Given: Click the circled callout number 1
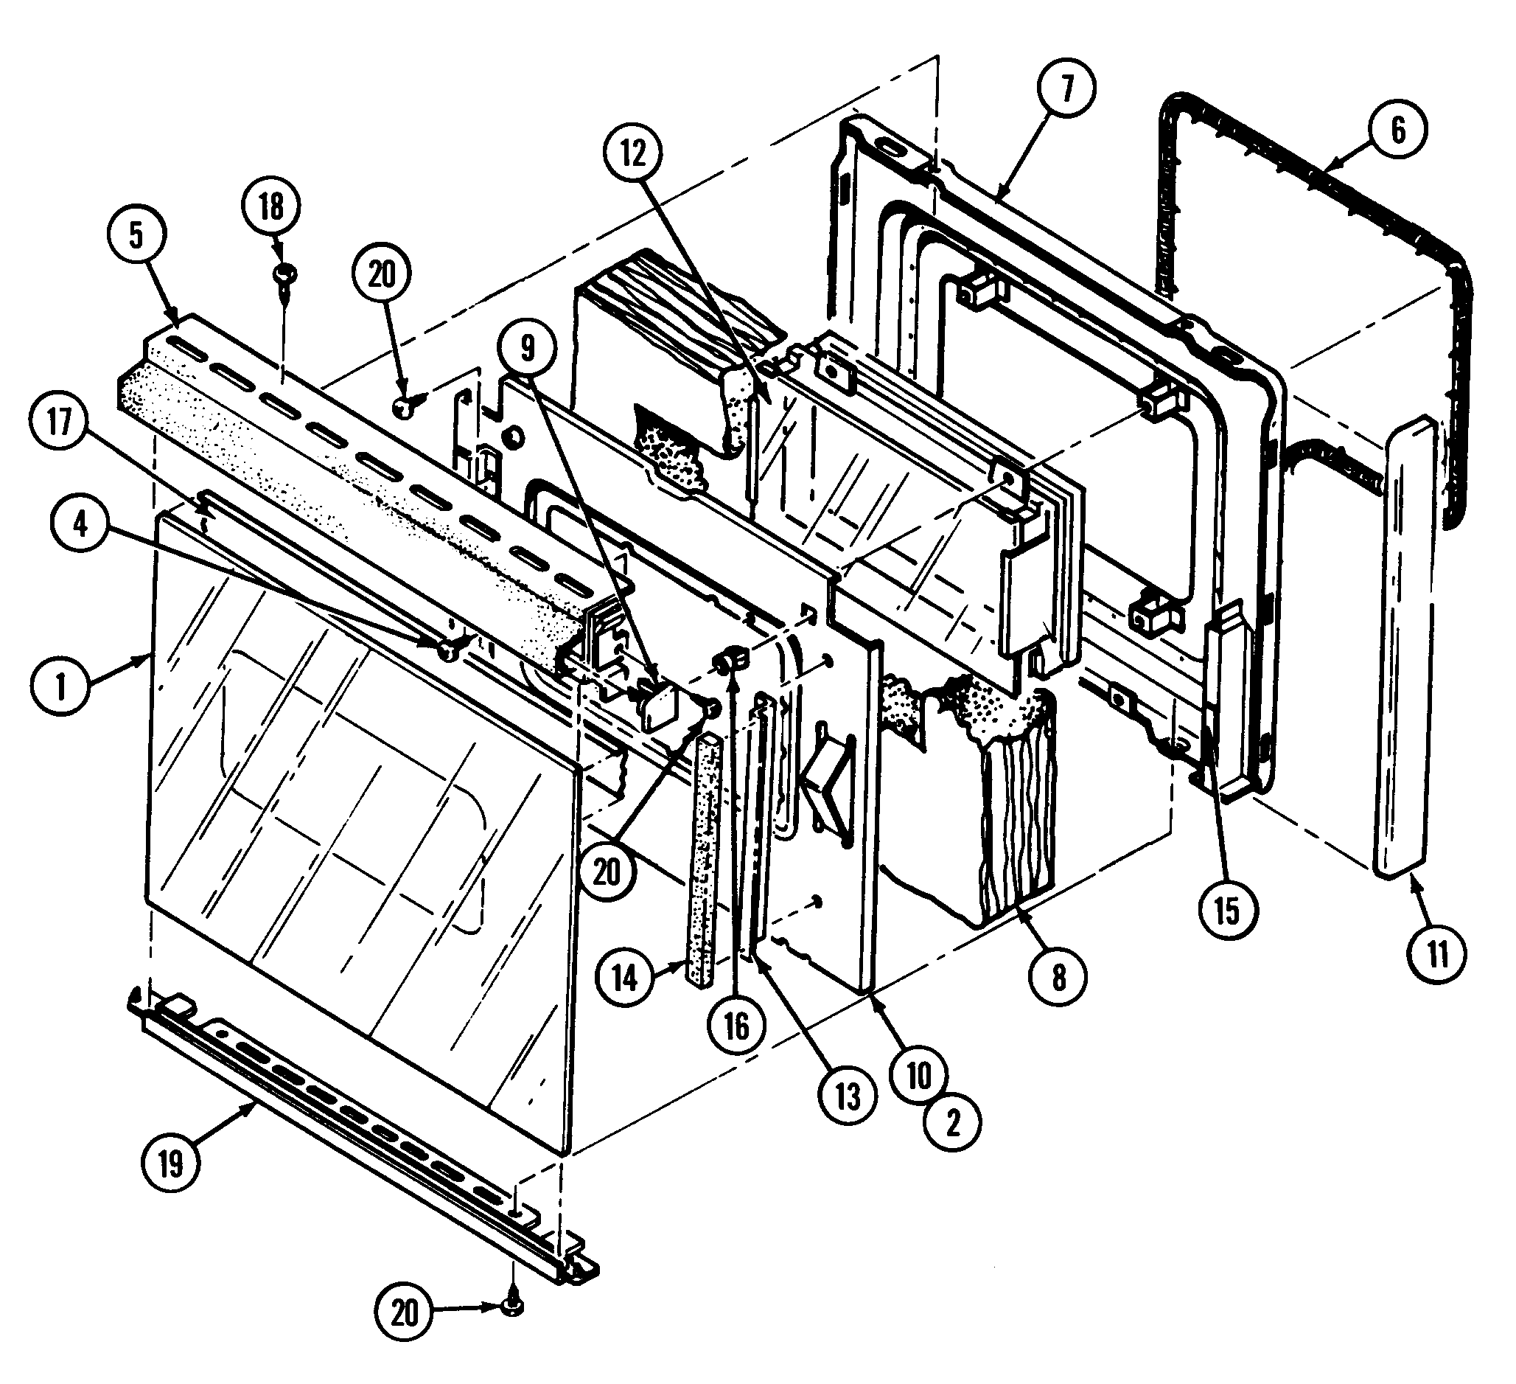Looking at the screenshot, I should point(61,685).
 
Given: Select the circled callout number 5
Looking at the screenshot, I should point(136,235).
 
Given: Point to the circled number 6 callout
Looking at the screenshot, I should point(1398,130).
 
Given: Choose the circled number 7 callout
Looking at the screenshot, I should point(1066,88).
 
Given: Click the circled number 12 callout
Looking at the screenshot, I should point(634,153).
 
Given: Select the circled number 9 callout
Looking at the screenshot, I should point(528,348).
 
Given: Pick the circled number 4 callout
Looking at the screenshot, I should point(80,524).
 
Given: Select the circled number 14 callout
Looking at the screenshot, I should point(624,978).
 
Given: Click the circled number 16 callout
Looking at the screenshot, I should point(736,1025).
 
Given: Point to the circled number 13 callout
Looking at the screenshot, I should point(848,1096).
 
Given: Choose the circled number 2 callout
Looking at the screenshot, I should point(953,1123).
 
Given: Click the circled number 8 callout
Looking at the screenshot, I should point(1058,978).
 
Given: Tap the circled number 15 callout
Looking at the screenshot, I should point(1226,911).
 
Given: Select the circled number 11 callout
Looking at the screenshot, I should point(1437,956).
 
